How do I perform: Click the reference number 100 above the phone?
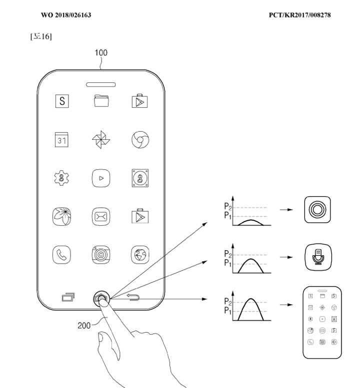click(101, 53)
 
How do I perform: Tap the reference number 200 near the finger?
click(84, 326)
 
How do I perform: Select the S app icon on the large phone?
click(62, 101)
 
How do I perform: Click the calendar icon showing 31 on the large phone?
click(61, 139)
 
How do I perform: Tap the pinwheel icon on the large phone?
click(101, 139)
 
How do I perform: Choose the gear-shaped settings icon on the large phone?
click(61, 178)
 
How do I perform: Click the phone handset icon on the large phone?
click(61, 255)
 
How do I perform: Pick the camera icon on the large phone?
click(101, 255)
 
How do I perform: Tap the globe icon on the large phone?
click(140, 255)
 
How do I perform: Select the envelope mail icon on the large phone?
click(101, 217)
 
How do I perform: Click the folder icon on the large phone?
click(101, 101)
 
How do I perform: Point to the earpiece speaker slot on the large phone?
click(101, 84)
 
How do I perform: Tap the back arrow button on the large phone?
click(133, 297)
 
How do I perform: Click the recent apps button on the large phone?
click(68, 297)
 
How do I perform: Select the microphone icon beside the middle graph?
click(318, 257)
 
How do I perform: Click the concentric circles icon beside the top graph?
click(317, 210)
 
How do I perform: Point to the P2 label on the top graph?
click(228, 206)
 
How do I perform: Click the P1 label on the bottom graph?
click(227, 310)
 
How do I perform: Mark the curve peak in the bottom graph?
click(251, 299)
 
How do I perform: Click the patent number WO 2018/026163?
click(66, 15)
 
